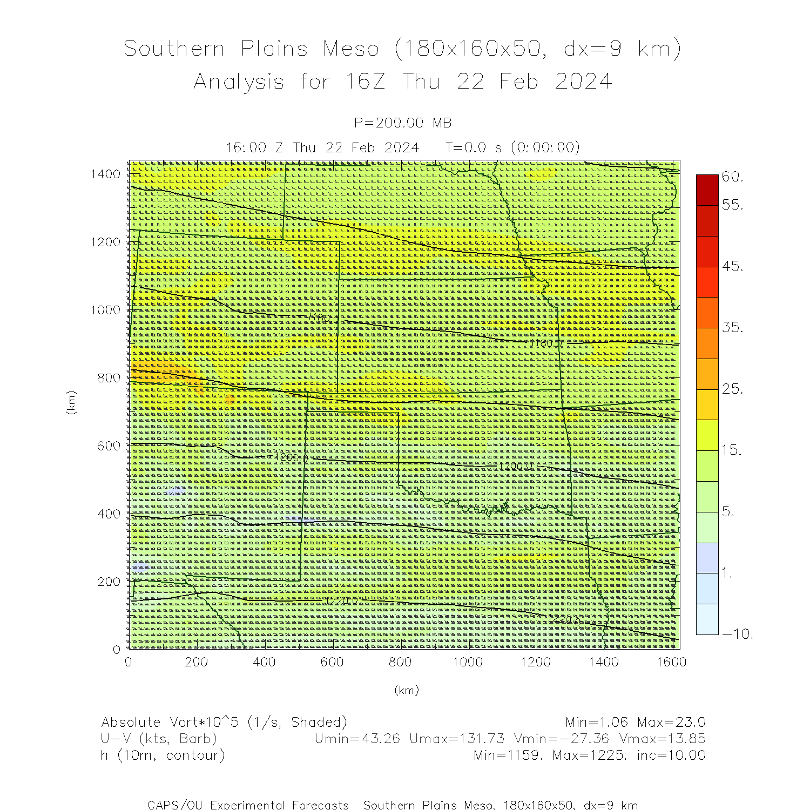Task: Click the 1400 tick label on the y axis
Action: (105, 174)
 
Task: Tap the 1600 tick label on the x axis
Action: (671, 662)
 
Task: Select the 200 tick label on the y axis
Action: (109, 582)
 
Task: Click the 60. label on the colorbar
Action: (733, 177)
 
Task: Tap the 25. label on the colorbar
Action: (733, 389)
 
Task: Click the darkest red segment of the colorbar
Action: (707, 190)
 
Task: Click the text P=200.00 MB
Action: (403, 123)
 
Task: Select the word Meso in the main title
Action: (351, 49)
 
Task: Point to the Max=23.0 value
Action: (671, 723)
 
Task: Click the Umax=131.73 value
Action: (457, 739)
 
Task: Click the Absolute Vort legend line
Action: (224, 723)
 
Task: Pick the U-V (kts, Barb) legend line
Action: (159, 739)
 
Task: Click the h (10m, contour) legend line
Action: (163, 755)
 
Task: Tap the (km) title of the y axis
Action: (71, 402)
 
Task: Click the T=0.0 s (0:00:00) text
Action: (512, 147)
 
